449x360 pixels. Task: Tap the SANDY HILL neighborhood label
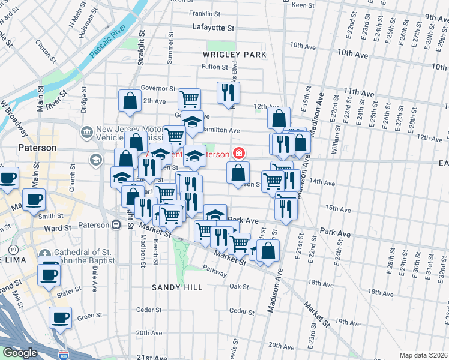click(x=176, y=287)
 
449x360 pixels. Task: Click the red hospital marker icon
click(x=240, y=154)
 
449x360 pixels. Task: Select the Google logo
click(x=20, y=353)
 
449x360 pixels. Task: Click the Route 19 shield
click(x=13, y=249)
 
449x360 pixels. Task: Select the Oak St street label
click(x=238, y=287)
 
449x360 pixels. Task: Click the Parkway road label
click(x=214, y=271)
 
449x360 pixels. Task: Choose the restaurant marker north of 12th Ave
click(x=228, y=92)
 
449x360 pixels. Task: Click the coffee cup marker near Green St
click(x=60, y=317)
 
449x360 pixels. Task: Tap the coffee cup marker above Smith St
click(x=34, y=199)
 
